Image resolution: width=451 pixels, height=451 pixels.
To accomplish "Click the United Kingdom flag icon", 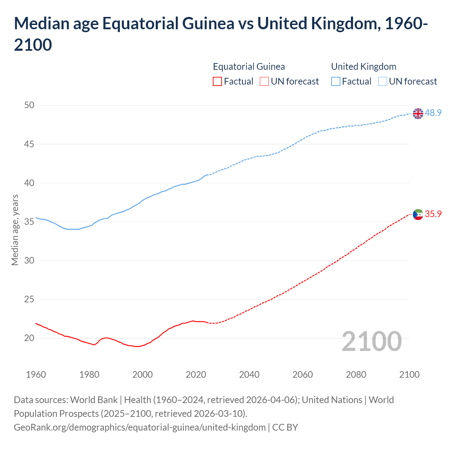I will click(x=418, y=113).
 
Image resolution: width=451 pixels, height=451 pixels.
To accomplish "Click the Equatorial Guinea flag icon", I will click(x=418, y=214).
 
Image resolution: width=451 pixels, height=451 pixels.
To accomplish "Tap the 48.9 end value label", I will click(x=433, y=113).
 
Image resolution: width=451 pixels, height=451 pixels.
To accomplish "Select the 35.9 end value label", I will click(x=433, y=214).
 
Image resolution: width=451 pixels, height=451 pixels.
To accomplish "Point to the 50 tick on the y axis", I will click(x=30, y=105).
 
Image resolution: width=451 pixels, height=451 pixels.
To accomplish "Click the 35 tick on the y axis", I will click(x=30, y=222).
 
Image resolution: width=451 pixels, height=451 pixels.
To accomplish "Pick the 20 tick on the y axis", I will click(x=30, y=338).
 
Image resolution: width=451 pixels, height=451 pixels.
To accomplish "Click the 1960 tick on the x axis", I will click(x=36, y=375).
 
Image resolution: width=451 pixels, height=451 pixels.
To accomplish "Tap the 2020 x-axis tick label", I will click(x=196, y=375).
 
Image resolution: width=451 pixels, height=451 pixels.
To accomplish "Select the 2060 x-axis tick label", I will click(x=303, y=375).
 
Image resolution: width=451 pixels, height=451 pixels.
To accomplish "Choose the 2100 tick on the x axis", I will click(x=409, y=375).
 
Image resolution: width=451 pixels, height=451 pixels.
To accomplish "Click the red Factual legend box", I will click(x=217, y=81).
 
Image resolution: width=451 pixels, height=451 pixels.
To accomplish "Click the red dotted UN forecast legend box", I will click(x=264, y=81).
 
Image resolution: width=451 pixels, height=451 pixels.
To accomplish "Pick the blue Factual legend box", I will click(x=336, y=81).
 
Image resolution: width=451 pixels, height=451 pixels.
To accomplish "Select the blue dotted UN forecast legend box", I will click(x=382, y=81).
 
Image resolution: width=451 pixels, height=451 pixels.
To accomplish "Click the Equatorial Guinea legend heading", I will click(x=249, y=67).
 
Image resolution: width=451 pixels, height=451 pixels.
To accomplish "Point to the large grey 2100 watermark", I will click(x=372, y=341).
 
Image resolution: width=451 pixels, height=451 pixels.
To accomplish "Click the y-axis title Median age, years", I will click(x=15, y=230).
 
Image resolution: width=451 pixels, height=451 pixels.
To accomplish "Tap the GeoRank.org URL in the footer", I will click(x=140, y=427).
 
